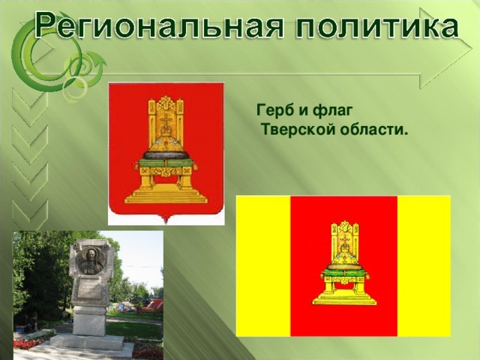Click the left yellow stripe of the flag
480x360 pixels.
click(x=262, y=265)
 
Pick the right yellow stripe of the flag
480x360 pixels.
click(x=423, y=265)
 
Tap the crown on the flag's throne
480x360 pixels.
click(x=343, y=257)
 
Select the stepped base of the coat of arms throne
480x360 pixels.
click(x=166, y=196)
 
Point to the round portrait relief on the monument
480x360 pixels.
click(x=91, y=259)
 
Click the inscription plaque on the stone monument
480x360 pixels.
click(x=91, y=289)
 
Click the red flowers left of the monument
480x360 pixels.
click(x=25, y=343)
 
